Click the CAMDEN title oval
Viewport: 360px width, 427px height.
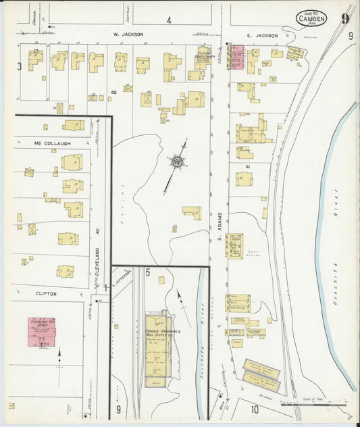click(x=311, y=18)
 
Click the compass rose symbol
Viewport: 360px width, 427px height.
click(x=177, y=161)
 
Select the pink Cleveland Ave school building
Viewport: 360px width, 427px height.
click(x=42, y=331)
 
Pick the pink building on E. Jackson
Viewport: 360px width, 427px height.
click(x=236, y=57)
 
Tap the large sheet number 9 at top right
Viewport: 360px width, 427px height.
click(x=345, y=18)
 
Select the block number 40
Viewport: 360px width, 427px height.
click(x=114, y=92)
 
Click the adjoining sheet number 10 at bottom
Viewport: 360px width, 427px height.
click(x=255, y=409)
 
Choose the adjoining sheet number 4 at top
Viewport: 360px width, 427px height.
click(x=169, y=20)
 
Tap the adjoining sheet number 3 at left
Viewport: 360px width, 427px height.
click(x=20, y=66)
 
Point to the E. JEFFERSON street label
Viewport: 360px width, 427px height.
click(x=122, y=277)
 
